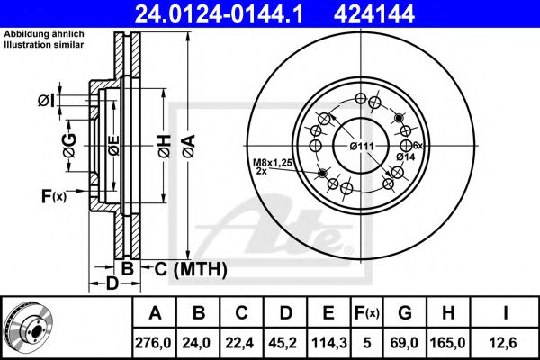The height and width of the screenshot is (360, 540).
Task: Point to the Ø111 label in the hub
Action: coord(361,146)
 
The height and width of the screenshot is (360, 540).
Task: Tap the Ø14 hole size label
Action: coord(403,156)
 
